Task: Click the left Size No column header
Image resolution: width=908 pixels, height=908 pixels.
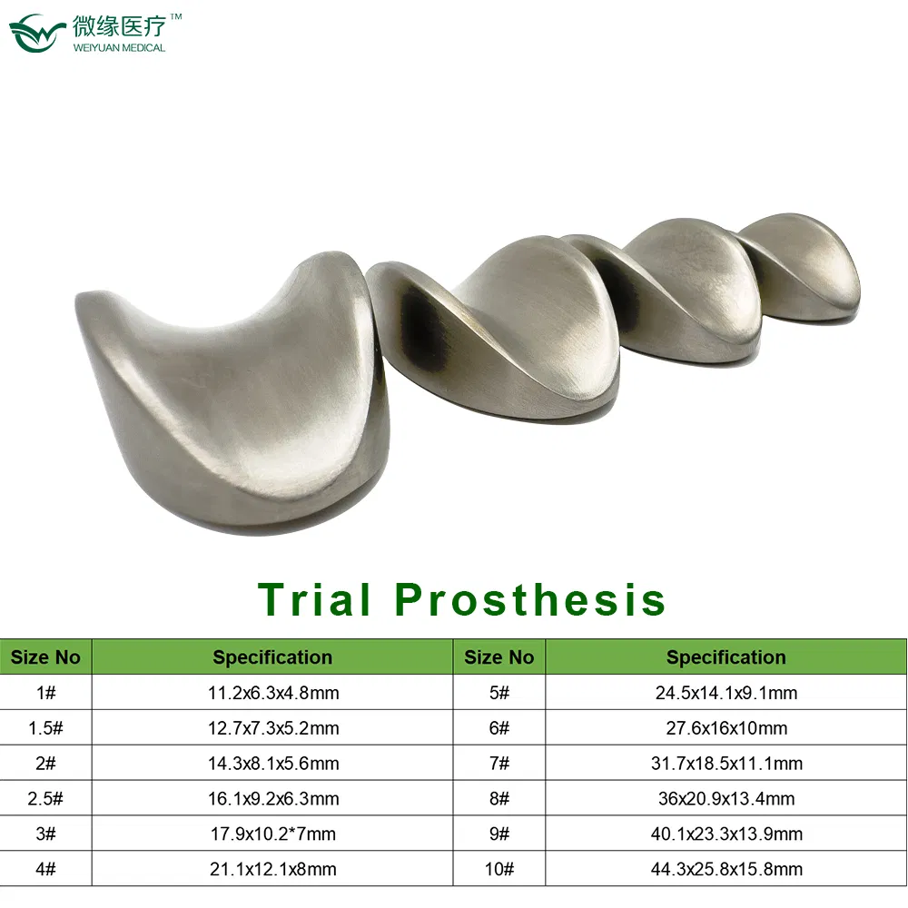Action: (45, 657)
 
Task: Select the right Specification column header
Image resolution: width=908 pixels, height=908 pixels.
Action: (725, 657)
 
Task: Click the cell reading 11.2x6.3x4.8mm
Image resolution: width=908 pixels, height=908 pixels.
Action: (273, 693)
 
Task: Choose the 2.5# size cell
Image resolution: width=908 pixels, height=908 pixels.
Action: (45, 799)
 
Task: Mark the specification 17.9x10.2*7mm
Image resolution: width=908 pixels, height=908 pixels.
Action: (273, 834)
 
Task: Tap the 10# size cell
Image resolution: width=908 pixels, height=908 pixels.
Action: (499, 869)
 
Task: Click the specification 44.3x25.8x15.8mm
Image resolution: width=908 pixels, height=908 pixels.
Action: (725, 869)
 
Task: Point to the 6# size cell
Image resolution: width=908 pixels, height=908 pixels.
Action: (499, 728)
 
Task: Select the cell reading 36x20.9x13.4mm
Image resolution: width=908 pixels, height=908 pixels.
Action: (725, 799)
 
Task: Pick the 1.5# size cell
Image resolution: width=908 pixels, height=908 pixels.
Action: (45, 728)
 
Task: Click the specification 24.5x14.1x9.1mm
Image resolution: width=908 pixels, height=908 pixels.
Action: (725, 693)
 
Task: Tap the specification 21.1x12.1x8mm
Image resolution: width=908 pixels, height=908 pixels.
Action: (273, 869)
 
